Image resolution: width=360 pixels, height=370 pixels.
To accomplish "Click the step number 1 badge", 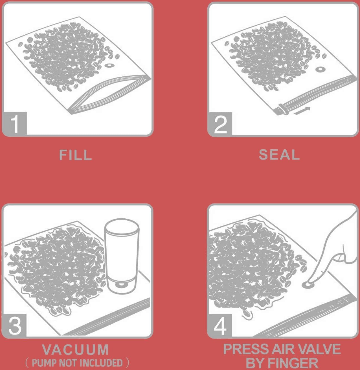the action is tap(14, 124).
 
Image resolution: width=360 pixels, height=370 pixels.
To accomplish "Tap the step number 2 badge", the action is tap(220, 124).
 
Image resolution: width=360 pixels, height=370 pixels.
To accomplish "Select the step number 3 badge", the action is tap(14, 326).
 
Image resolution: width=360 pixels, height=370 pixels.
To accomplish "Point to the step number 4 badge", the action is tap(220, 326).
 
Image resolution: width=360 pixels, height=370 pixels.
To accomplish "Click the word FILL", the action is tap(76, 155).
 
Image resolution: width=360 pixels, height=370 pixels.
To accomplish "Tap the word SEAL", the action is tap(279, 155).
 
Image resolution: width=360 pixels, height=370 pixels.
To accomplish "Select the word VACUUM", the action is tap(75, 349).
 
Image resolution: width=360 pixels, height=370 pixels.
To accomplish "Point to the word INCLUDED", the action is tap(101, 363).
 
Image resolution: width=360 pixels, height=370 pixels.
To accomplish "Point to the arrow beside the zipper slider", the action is tap(302, 111).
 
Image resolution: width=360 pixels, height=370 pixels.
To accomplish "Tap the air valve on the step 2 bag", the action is tap(320, 69).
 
